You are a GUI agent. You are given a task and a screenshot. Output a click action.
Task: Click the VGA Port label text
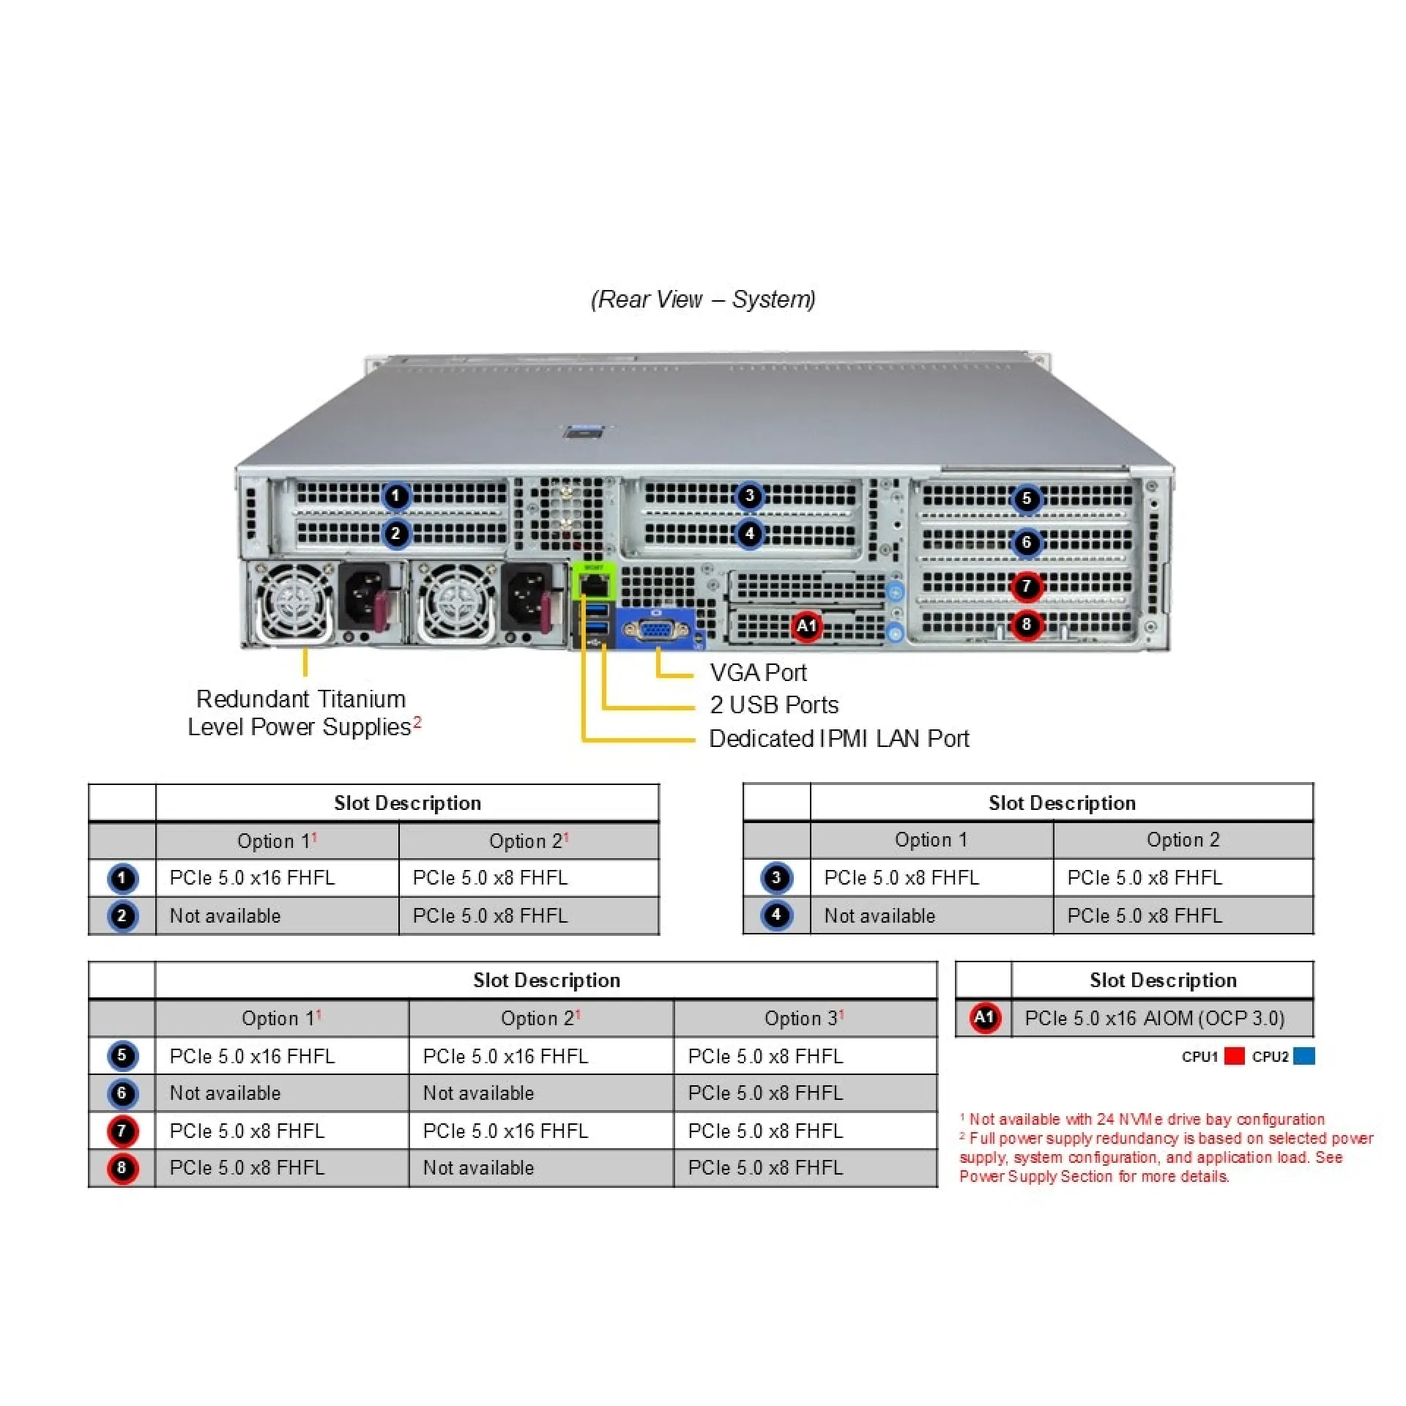pyautogui.click(x=757, y=672)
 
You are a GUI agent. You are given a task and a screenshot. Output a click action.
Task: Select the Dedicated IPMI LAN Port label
pyautogui.click(x=838, y=738)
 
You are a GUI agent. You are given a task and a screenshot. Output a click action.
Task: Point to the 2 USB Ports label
pyautogui.click(x=774, y=704)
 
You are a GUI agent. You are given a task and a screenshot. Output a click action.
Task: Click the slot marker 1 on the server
pyautogui.click(x=396, y=496)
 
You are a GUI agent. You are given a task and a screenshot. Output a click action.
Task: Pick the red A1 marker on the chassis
pyautogui.click(x=806, y=626)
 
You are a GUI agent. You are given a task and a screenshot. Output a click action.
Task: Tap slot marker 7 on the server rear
pyautogui.click(x=1027, y=586)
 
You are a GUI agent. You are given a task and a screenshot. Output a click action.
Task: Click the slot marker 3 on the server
pyautogui.click(x=749, y=496)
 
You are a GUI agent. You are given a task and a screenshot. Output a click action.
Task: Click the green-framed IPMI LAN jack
pyautogui.click(x=594, y=584)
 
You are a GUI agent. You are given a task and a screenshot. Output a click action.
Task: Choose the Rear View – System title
pyautogui.click(x=703, y=299)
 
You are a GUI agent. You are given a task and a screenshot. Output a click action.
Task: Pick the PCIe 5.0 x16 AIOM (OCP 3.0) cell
pyautogui.click(x=1154, y=1018)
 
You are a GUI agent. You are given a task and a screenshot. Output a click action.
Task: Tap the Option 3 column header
pyautogui.click(x=804, y=1018)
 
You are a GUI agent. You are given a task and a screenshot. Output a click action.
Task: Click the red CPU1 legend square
pyautogui.click(x=1234, y=1056)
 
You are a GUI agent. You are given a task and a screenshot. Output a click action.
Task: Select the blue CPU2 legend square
pyautogui.click(x=1303, y=1056)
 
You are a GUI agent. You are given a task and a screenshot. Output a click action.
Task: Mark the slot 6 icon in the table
pyautogui.click(x=122, y=1093)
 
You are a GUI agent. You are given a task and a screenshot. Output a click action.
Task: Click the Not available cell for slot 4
pyautogui.click(x=879, y=915)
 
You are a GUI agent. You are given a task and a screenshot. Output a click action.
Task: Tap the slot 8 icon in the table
pyautogui.click(x=122, y=1168)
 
